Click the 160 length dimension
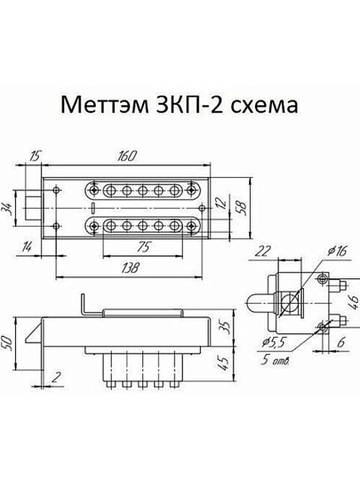tap(126, 157)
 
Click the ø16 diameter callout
tap(336, 252)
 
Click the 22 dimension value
tap(263, 252)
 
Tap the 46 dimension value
tap(354, 305)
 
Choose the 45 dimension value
tap(224, 363)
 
